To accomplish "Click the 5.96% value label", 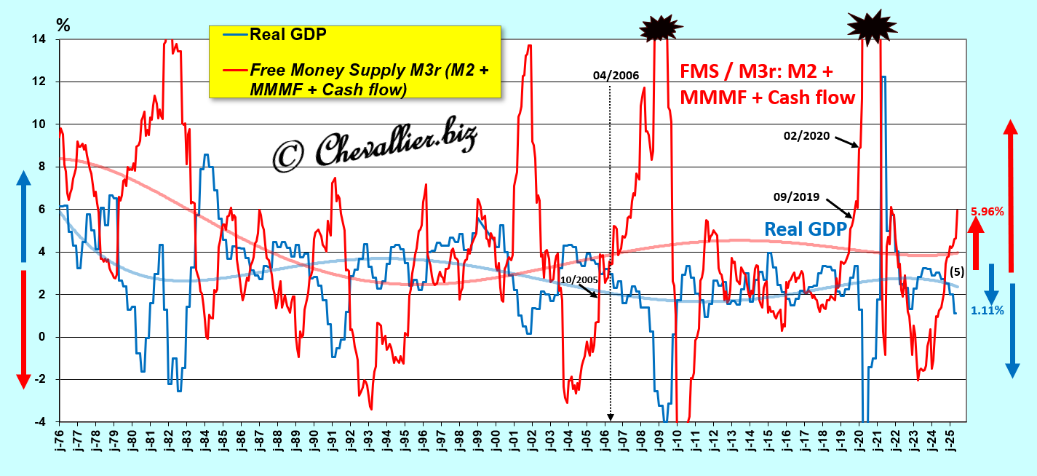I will [987, 212].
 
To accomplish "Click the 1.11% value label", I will [987, 310].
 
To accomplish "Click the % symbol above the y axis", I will [63, 24].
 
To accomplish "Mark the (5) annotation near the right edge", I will [957, 271].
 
